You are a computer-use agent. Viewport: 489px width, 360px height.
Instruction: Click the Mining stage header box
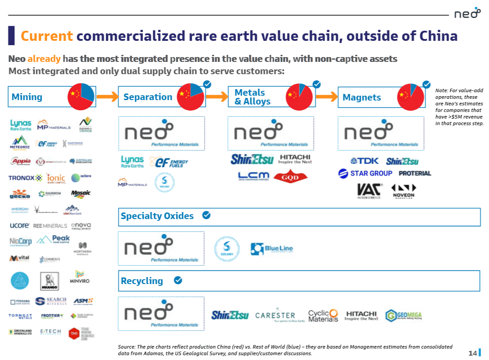37,97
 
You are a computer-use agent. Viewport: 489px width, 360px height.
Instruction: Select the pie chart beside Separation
191,97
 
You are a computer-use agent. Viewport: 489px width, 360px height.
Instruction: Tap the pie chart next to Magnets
410,97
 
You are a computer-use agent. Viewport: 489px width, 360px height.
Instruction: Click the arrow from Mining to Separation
106,97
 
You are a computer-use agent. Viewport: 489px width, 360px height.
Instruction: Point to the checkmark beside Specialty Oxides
206,215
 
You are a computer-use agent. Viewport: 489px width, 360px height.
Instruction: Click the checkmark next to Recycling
178,280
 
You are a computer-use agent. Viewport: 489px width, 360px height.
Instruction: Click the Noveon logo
403,190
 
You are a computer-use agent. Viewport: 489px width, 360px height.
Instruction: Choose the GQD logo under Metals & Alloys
290,176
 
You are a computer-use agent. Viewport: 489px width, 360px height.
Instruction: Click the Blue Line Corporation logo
272,249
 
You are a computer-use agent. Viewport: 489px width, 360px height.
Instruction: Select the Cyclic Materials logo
323,315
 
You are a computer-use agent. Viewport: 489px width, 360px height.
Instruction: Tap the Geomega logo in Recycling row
403,315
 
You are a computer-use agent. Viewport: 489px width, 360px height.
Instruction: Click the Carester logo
275,315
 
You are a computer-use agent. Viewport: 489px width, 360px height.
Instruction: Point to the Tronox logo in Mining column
25,178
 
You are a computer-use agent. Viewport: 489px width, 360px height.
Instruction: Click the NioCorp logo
21,241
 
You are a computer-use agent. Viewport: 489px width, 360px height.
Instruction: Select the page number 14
472,353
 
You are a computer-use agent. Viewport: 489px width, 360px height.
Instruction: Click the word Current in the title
47,36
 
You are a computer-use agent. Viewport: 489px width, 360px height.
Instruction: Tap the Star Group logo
365,173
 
